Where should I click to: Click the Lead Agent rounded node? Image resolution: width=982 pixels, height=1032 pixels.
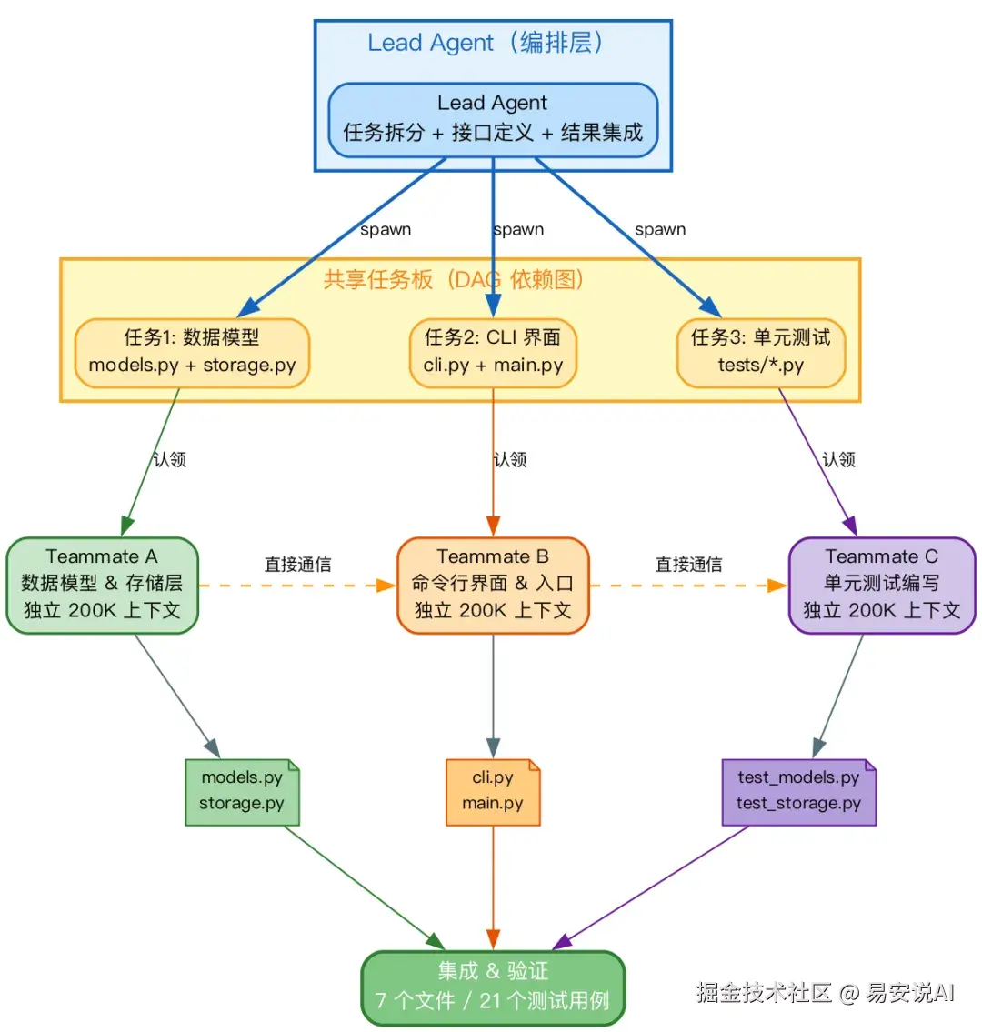pos(493,119)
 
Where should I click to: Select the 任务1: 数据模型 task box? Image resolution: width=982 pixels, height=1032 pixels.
pos(192,352)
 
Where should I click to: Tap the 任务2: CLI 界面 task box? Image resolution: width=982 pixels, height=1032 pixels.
pos(493,352)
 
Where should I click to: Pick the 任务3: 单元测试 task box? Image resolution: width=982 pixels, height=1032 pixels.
pos(761,352)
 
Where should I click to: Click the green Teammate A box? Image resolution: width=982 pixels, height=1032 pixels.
pos(102,585)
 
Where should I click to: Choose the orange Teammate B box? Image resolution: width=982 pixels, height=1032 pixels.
pos(493,585)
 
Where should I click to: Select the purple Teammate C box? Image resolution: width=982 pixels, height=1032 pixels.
pos(881,585)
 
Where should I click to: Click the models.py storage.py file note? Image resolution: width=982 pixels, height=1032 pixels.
pos(242,791)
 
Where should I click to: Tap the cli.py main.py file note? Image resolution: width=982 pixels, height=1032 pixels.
pos(493,791)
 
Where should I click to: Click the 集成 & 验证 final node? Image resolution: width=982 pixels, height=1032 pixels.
pos(493,987)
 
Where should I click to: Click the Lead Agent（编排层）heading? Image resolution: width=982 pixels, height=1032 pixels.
pos(485,43)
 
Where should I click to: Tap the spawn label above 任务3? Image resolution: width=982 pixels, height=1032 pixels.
pos(660,230)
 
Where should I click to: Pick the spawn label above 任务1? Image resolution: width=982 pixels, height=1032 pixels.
pos(386,230)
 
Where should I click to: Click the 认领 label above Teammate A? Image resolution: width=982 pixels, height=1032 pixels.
pos(169,459)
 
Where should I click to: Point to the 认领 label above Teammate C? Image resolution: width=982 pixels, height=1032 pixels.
pos(838,459)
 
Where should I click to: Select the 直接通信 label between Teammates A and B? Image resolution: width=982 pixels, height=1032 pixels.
pos(297,565)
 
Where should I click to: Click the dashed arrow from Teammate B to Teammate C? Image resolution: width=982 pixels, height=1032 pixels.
pos(688,586)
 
